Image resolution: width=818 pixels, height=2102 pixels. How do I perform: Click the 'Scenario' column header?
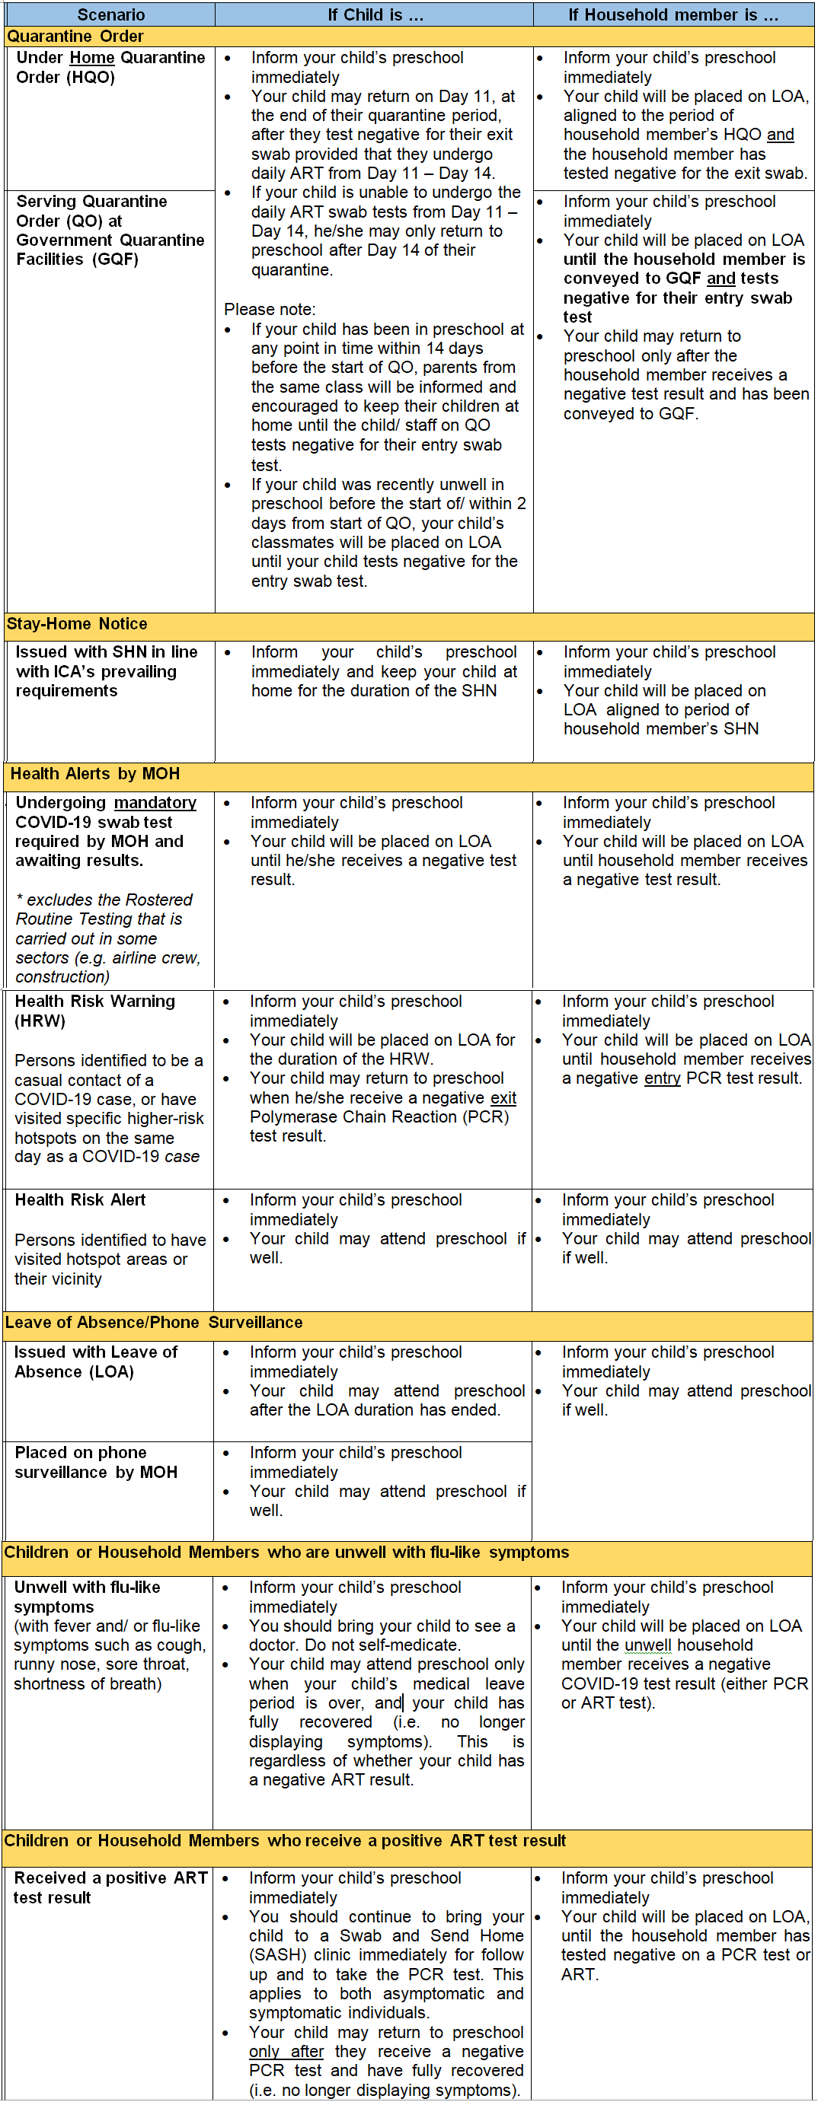111,14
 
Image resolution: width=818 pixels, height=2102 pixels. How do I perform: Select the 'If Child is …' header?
375,14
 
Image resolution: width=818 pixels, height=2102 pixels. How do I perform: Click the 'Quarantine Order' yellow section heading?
75,36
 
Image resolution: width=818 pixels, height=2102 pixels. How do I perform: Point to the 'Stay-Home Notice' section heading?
77,623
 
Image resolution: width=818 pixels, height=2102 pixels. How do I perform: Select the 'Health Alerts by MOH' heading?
94,773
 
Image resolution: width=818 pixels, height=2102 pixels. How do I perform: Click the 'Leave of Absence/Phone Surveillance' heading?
154,1322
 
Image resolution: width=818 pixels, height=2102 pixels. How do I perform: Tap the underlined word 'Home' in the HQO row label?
92,57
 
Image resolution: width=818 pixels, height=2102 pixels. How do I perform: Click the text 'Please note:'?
270,309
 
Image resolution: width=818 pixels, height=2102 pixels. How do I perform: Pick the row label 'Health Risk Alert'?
80,1199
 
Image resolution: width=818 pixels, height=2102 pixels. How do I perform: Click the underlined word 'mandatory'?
155,802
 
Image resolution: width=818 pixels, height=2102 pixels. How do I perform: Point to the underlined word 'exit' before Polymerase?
503,1097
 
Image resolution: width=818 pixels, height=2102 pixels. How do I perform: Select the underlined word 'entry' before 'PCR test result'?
661,1078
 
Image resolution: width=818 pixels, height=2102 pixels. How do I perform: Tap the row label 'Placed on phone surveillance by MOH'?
95,1462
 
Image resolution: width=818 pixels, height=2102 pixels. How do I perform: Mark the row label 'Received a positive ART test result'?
110,1887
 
